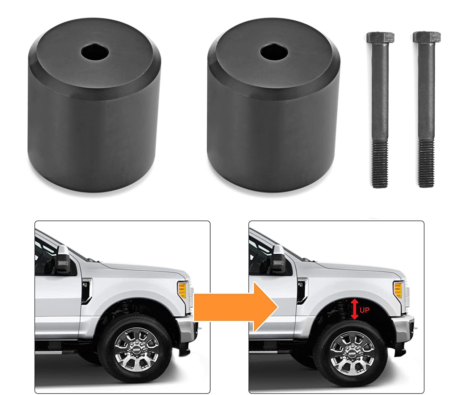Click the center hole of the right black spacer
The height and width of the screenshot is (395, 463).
coord(272,51)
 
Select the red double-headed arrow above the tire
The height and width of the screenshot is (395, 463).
coord(355,310)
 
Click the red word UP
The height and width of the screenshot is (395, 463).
coord(364,310)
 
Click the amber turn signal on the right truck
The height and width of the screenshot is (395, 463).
coord(398,290)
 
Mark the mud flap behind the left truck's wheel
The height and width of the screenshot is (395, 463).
coord(184,348)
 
